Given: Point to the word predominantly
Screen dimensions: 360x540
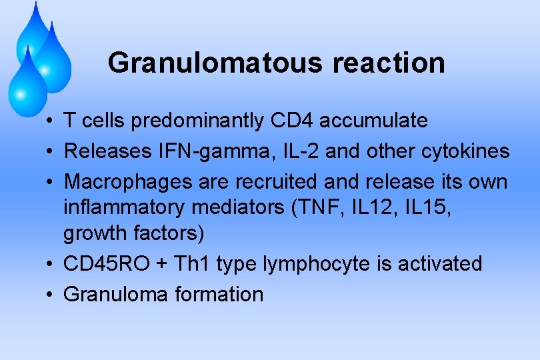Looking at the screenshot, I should click(x=200, y=121).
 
